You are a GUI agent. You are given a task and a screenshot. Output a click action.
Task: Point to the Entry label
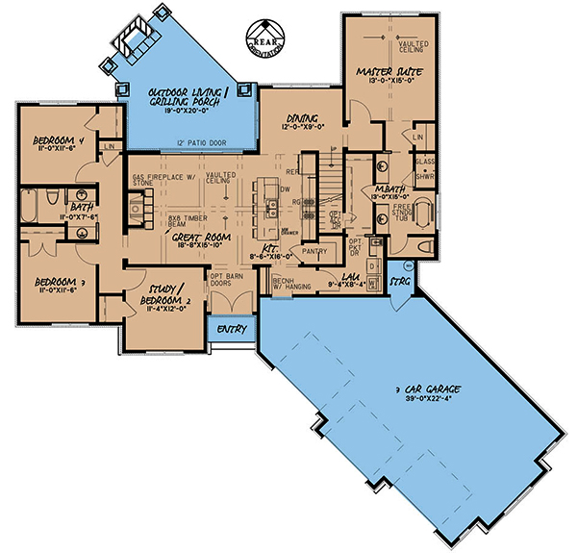click(x=232, y=330)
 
